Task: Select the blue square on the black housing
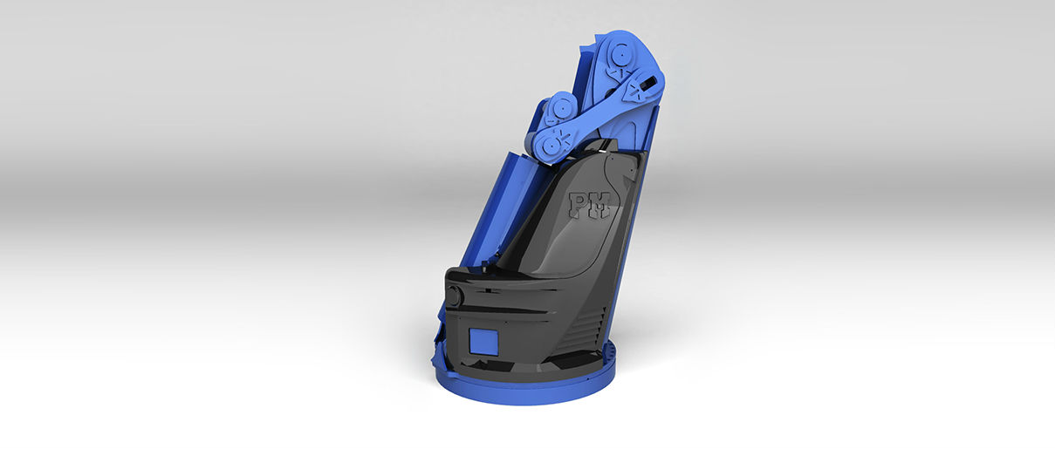coord(483,341)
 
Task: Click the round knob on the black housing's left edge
coord(455,296)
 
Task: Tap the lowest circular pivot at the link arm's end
coord(551,145)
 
